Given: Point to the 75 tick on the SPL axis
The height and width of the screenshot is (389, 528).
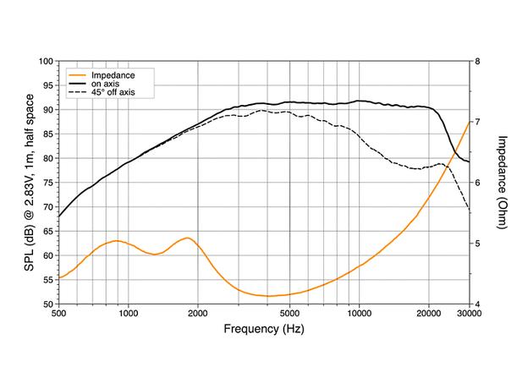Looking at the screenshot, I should pos(47,183).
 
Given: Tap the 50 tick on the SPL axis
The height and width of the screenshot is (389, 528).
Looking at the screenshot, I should pos(47,304).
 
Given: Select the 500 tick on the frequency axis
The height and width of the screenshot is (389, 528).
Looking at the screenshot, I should pos(59,314).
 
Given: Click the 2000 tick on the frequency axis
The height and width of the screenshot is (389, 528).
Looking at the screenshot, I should pos(198,314).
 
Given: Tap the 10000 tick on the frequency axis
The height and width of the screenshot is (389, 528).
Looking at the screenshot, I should pos(360,314).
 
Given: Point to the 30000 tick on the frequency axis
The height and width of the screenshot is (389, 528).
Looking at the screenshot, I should pos(470,314).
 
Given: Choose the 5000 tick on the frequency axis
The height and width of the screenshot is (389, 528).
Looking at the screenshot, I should pos(290,314).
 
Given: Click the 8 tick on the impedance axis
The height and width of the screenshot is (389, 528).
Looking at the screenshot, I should pos(478,62).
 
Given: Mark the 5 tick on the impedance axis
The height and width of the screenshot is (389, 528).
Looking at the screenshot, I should pos(478,244).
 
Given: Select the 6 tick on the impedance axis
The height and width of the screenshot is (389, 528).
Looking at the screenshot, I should pos(478,183).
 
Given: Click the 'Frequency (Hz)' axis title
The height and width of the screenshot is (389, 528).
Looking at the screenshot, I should pos(264,328).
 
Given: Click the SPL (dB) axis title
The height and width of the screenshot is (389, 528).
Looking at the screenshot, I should pos(28,183).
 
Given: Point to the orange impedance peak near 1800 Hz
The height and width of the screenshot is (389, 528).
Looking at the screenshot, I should pos(186,238).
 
